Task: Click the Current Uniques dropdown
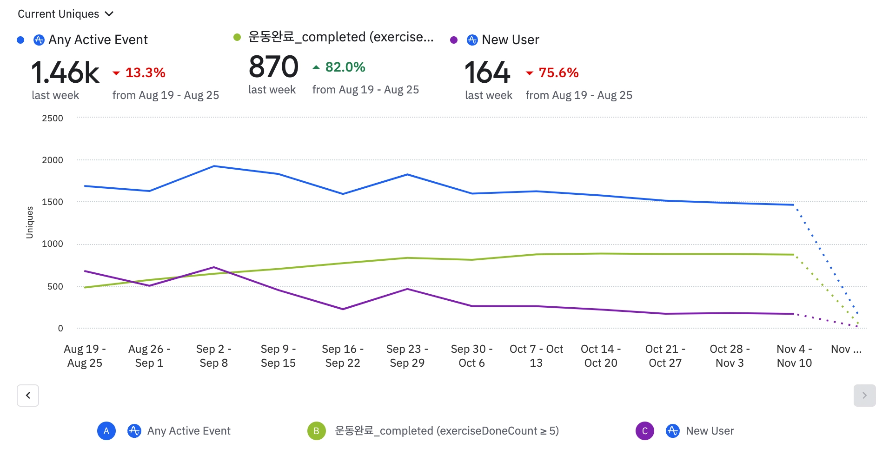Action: click(65, 14)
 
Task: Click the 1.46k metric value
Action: click(65, 73)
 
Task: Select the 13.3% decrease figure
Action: click(145, 73)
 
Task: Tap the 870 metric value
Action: click(273, 67)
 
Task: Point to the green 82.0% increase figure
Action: click(345, 67)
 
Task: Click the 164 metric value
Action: click(487, 73)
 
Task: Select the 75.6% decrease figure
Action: click(558, 73)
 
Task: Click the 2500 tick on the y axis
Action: click(53, 118)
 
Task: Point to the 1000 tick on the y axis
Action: click(53, 244)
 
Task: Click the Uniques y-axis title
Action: click(30, 222)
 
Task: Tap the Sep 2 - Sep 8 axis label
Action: click(214, 356)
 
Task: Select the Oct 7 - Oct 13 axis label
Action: click(536, 356)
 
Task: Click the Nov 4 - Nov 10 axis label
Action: click(794, 356)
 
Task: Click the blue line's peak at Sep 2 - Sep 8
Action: click(214, 166)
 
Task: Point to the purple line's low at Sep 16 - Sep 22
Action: click(343, 309)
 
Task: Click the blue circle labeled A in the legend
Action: click(106, 431)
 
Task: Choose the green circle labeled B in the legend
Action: click(316, 431)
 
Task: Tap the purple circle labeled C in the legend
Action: click(644, 431)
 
